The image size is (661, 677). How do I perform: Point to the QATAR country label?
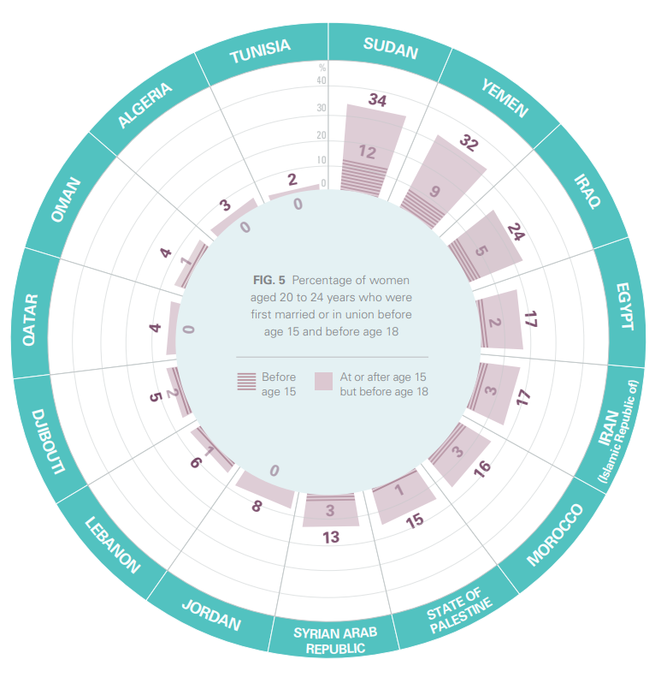[31, 319]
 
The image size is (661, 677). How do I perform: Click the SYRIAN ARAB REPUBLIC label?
[334, 639]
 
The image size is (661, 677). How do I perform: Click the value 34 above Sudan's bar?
[377, 101]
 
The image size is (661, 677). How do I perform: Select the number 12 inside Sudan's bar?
[367, 152]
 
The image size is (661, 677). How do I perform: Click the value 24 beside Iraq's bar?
[515, 231]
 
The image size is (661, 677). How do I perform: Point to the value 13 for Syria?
[331, 537]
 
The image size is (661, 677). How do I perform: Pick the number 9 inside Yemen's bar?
[434, 192]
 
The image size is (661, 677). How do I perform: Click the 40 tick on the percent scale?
[322, 81]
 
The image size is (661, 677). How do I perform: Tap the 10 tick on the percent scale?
[322, 160]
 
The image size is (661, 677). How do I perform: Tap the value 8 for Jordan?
[256, 507]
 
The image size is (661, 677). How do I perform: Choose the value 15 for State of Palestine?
[415, 520]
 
